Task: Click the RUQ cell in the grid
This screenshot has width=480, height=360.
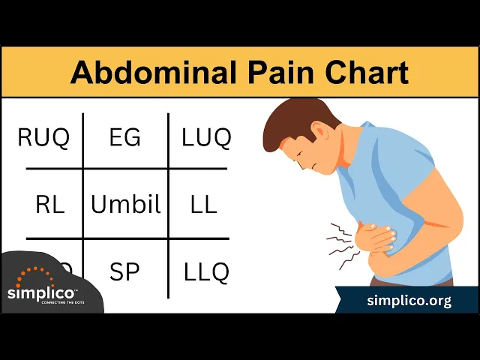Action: pos(43,138)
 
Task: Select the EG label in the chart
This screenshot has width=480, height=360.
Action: pos(124,138)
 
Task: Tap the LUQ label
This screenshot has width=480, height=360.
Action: pos(206,138)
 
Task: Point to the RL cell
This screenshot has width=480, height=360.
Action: pos(49,204)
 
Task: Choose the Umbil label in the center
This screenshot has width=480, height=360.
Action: pos(125,204)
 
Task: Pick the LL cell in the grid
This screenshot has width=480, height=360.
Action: pos(204,204)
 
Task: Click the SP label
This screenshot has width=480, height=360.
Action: pos(124,271)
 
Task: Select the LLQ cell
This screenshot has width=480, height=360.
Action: pos(206,271)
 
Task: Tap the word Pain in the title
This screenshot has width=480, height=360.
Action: pos(280,73)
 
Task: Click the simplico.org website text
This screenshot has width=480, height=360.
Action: pos(409,301)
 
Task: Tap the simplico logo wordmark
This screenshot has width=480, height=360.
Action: pos(41,293)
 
